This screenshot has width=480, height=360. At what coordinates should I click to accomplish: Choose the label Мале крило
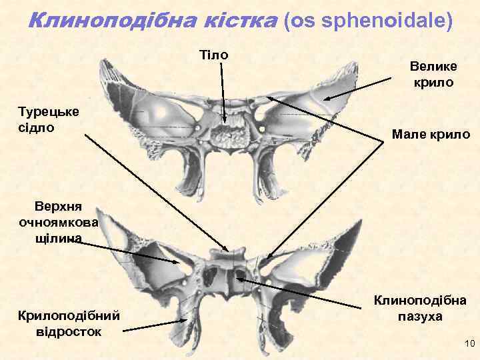click(x=431, y=134)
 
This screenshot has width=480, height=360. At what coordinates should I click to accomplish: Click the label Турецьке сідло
click(x=49, y=118)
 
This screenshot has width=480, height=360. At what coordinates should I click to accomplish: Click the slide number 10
click(x=468, y=343)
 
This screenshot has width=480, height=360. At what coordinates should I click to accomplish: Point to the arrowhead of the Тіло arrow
click(x=225, y=124)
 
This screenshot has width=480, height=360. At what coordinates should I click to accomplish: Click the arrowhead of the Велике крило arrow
click(x=325, y=100)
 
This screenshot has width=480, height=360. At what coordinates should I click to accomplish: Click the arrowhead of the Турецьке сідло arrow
click(x=227, y=251)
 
